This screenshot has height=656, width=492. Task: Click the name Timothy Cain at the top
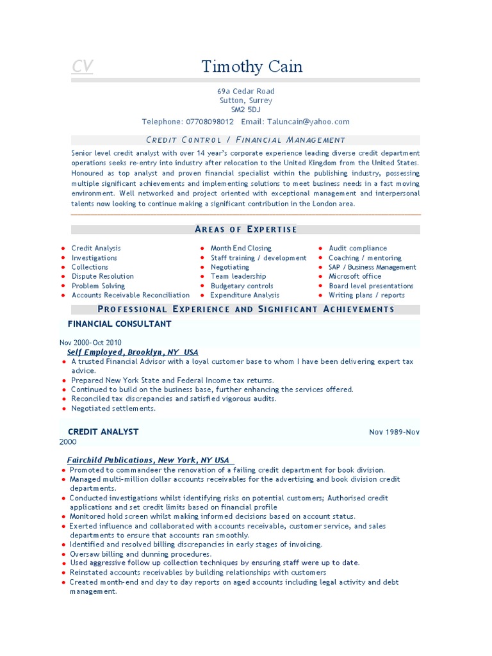252,67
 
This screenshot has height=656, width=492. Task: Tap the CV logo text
82,67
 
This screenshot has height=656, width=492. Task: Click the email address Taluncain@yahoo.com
309,122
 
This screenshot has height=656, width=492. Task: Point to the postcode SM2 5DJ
245,110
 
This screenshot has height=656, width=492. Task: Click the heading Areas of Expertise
246,229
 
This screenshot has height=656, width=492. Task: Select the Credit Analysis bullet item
96,248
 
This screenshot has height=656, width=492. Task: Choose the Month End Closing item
241,248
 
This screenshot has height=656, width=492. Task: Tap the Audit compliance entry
357,248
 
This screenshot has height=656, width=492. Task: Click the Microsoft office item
355,276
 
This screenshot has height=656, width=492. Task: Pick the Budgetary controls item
242,286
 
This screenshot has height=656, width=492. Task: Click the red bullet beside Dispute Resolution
63,277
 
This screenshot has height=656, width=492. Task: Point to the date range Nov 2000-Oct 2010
91,343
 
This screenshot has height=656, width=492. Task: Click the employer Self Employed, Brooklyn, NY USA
133,352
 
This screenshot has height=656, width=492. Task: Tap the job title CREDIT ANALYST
103,432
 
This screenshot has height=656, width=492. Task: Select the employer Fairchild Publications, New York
148,460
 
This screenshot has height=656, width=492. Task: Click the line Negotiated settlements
113,408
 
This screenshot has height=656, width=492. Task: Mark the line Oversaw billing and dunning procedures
140,553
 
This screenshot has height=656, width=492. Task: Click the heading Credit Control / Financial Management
246,140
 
